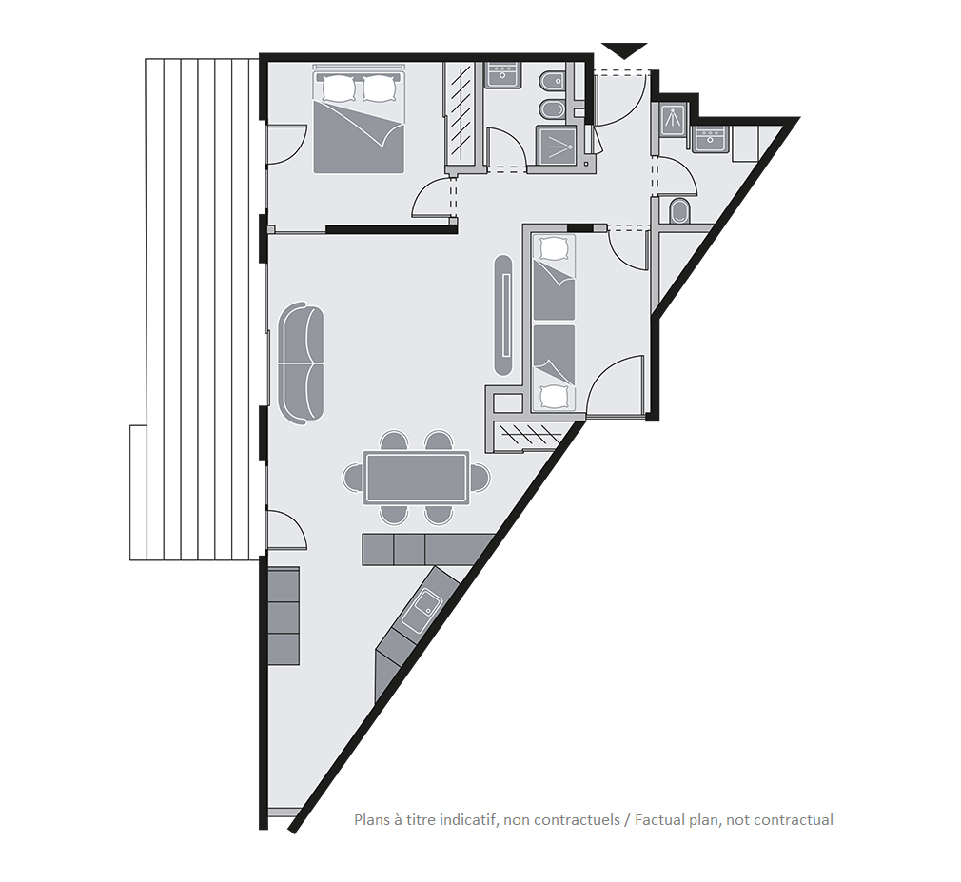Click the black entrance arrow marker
tap(624, 49)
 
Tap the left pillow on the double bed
tap(340, 88)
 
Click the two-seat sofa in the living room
tap(301, 363)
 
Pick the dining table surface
tap(416, 478)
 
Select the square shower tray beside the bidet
tap(557, 146)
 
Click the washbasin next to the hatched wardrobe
tap(503, 75)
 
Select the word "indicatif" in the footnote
tap(471, 819)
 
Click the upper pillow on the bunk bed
tap(554, 248)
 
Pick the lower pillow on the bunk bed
tap(554, 397)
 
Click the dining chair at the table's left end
tap(352, 478)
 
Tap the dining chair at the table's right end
tap(480, 478)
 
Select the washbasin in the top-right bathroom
tap(711, 139)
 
